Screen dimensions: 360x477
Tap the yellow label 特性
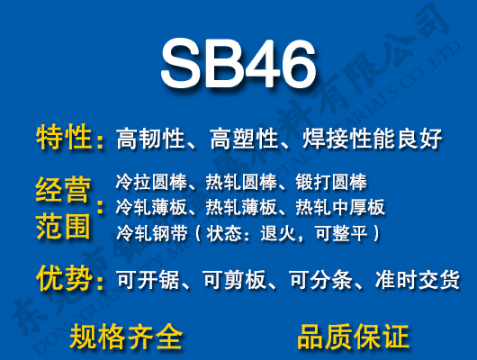64,138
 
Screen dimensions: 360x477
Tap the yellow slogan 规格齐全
126,337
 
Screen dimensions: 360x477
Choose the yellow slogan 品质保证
353,337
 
